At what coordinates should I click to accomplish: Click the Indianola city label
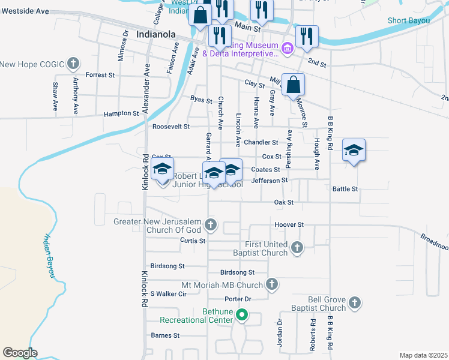pos(158,34)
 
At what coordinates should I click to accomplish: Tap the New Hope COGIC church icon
pos(73,63)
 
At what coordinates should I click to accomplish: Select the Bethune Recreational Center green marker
pos(242,314)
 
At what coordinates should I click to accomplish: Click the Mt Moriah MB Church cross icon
pos(272,284)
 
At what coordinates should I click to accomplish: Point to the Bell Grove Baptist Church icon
pos(355,303)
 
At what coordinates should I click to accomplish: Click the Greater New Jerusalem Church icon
pos(210,226)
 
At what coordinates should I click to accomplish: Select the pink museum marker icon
pos(287,48)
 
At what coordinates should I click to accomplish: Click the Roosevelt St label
pos(171,127)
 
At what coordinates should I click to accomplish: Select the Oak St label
pos(283,203)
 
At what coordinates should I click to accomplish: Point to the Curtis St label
pos(193,241)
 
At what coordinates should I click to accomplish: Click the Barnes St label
pos(165,335)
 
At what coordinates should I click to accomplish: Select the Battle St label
pos(345,188)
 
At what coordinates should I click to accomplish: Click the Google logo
pos(20,353)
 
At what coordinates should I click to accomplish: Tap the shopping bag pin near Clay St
pos(293,85)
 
